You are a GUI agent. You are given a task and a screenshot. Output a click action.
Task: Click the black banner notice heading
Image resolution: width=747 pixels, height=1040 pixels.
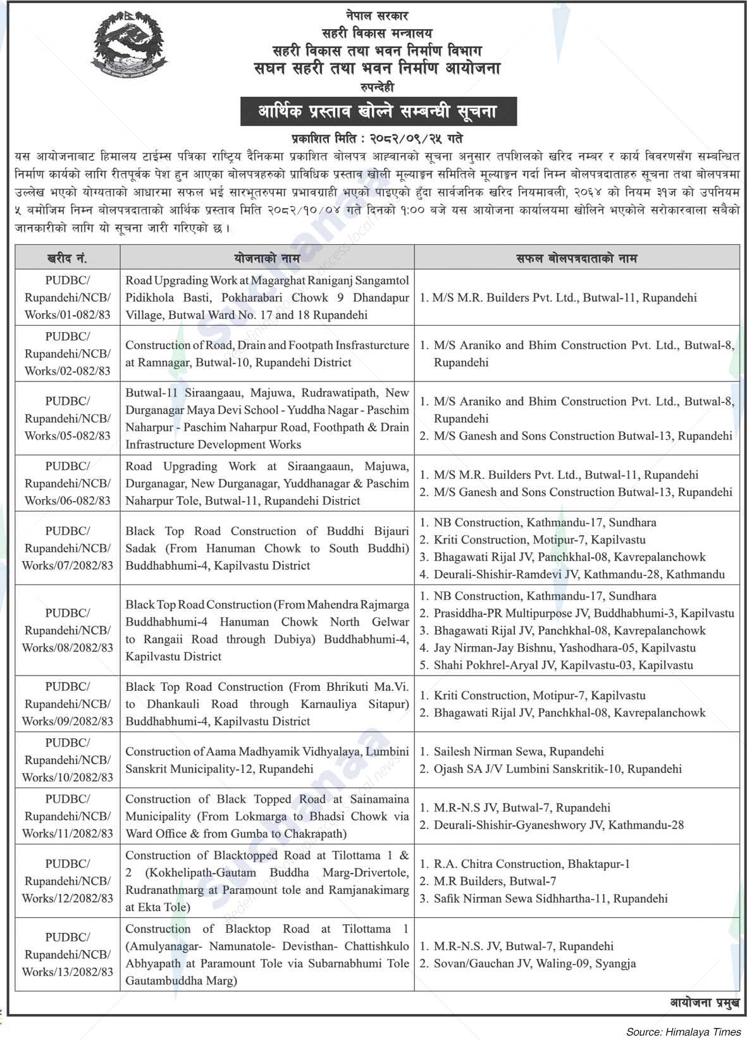click(378, 112)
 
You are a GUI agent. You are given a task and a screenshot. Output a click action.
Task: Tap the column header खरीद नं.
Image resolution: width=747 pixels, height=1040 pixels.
click(67, 258)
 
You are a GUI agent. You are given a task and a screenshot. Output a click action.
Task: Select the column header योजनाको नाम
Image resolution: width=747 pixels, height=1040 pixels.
click(267, 258)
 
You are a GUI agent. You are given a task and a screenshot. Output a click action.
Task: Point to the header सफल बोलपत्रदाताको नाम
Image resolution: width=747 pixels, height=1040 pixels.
click(576, 258)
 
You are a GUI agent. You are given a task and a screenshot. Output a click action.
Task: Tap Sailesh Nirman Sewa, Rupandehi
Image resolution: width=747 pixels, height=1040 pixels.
click(518, 752)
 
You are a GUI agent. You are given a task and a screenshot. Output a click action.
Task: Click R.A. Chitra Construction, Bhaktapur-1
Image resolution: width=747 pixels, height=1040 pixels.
click(531, 864)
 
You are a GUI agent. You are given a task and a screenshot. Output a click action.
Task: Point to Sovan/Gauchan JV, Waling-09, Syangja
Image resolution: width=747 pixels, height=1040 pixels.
click(534, 963)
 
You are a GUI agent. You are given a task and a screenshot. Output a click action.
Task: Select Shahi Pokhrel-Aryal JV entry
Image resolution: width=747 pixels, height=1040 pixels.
click(563, 665)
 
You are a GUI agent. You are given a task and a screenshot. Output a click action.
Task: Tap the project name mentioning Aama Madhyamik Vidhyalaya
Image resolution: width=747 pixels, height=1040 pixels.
click(267, 760)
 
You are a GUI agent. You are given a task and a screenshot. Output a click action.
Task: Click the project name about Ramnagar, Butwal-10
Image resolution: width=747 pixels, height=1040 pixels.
click(267, 354)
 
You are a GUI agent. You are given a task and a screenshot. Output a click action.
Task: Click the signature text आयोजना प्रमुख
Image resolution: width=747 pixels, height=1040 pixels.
click(704, 1003)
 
